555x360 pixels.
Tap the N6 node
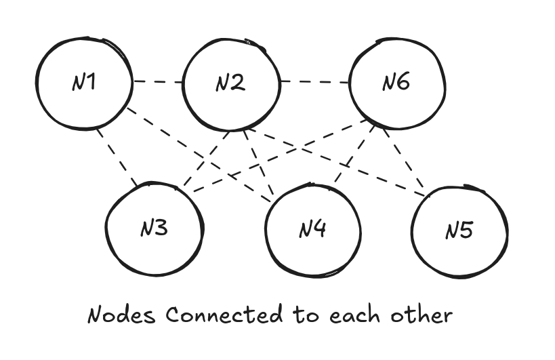[x=396, y=83]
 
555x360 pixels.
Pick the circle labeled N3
[x=155, y=228]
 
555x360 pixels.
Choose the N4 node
[x=312, y=229]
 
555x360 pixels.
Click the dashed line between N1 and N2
[x=157, y=83]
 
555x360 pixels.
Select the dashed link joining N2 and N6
[x=314, y=83]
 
